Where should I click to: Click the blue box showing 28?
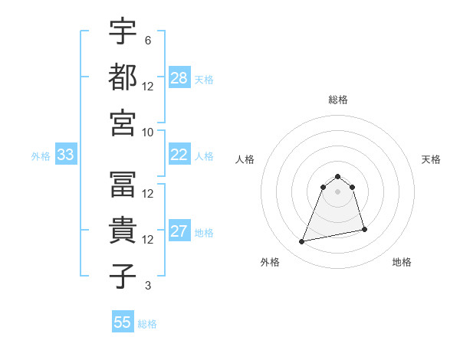[179, 78]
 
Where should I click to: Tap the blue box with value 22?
[179, 155]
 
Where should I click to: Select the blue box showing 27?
[179, 232]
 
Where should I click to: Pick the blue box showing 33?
[66, 155]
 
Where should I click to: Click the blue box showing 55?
[123, 322]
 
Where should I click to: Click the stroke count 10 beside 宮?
[149, 131]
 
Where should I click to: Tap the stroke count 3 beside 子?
[147, 286]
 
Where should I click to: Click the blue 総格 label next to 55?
[147, 324]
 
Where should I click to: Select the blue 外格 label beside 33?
[41, 156]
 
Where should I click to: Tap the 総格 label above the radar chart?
[337, 100]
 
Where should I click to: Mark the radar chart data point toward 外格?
[302, 242]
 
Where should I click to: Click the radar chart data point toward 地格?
[364, 229]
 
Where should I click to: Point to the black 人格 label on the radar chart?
[245, 159]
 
